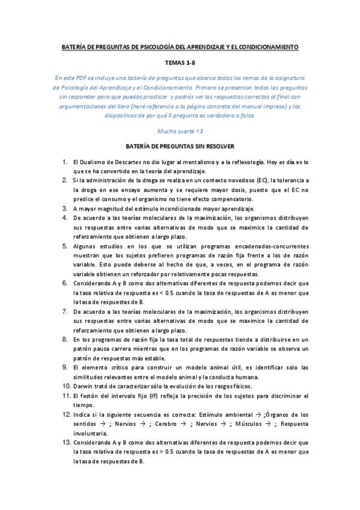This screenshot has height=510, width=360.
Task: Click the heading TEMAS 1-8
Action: pos(180,62)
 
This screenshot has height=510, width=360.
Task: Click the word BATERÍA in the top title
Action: pos(77,47)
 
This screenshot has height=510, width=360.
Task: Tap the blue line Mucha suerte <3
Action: pos(180,131)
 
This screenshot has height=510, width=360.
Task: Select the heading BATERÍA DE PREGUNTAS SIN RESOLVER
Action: pos(180,146)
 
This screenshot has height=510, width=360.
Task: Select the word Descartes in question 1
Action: pos(124,162)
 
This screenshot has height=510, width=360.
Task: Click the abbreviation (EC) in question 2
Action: pos(261,180)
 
